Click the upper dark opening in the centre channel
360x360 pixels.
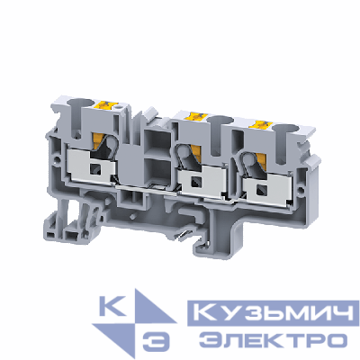(151, 145)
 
